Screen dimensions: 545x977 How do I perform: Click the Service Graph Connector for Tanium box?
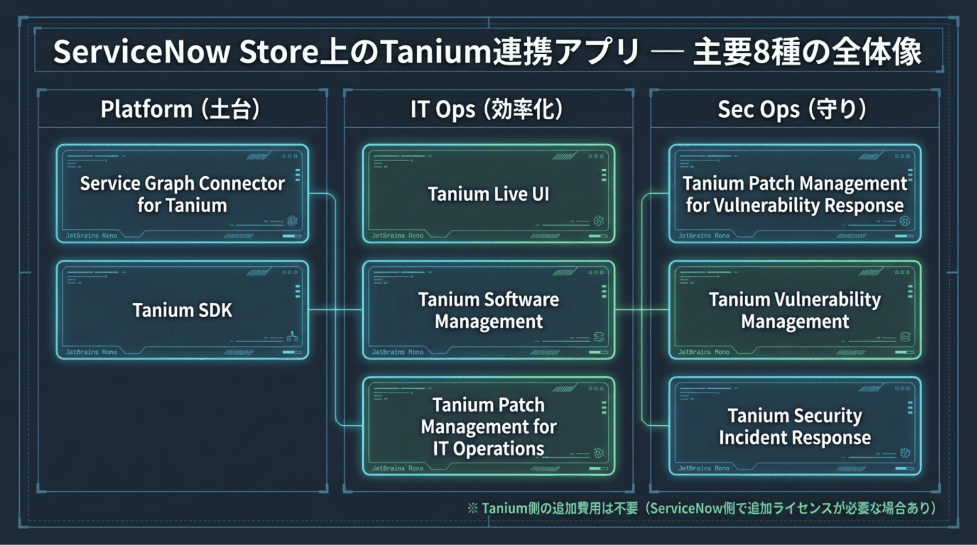(182, 194)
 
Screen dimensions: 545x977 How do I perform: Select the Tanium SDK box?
(182, 310)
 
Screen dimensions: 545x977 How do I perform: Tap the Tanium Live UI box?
(488, 194)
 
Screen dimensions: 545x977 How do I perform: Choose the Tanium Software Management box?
(488, 310)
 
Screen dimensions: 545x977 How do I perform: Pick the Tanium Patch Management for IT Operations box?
(488, 426)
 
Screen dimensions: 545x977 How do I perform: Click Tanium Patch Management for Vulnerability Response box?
(795, 194)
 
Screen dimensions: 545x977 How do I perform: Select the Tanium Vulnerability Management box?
(795, 310)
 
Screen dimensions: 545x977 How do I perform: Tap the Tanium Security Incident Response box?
(795, 426)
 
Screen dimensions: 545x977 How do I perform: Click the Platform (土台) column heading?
(180, 109)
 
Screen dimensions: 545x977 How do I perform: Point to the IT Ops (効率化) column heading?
(486, 109)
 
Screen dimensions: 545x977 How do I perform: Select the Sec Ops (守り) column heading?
(792, 109)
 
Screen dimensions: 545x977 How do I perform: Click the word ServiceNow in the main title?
(141, 52)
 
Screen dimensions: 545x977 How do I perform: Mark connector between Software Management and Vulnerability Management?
(642, 310)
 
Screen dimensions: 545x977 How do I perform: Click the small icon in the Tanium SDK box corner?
(292, 336)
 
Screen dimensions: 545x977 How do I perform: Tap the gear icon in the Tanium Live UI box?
(599, 220)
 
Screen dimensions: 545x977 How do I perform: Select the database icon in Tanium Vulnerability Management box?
(905, 336)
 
